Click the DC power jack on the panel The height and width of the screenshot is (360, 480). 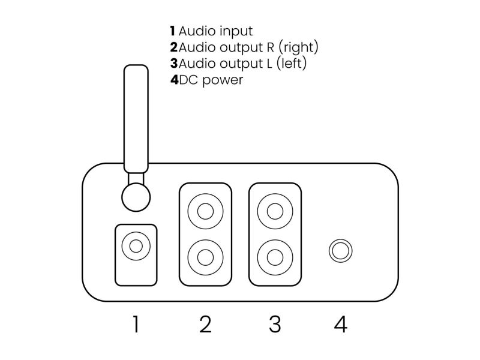(x=340, y=251)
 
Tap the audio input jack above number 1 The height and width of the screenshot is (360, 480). (x=136, y=246)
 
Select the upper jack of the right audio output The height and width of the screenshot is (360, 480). (x=205, y=211)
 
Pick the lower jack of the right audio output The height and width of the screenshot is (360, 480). (x=205, y=257)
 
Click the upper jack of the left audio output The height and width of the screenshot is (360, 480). (x=275, y=211)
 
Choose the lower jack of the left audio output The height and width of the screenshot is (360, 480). (x=275, y=257)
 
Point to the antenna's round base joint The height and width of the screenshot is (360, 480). (x=136, y=197)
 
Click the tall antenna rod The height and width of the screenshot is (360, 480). (x=136, y=119)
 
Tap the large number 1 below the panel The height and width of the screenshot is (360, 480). (x=136, y=324)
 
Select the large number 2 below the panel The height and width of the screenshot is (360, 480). (x=205, y=324)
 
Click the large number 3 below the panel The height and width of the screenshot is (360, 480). (x=275, y=324)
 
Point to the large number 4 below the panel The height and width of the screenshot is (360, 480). (x=341, y=324)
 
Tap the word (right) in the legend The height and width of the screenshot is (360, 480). (x=298, y=47)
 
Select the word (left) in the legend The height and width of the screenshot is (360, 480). (x=292, y=64)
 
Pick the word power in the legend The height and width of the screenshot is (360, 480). (x=223, y=80)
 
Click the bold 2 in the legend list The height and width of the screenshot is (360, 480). (x=174, y=47)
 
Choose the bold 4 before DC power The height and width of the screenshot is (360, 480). (x=174, y=80)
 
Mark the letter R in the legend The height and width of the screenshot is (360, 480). (x=271, y=47)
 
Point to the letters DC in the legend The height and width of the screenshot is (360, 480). (x=188, y=80)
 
